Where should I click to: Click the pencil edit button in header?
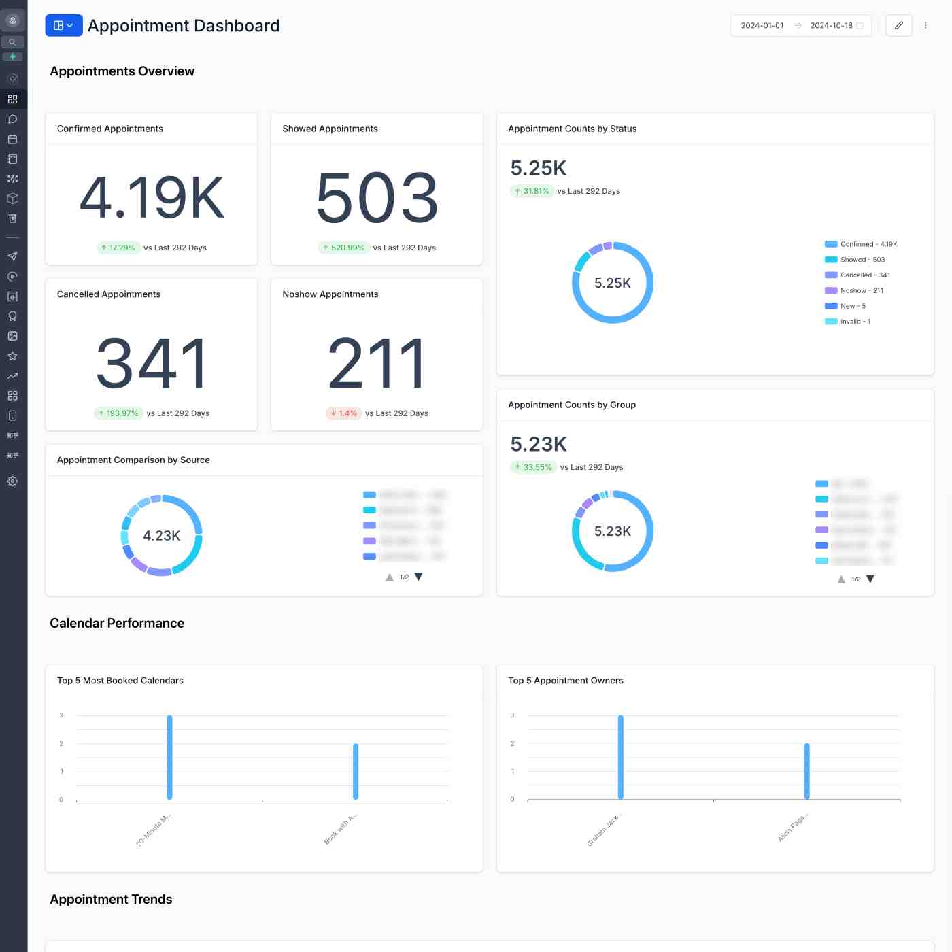898,25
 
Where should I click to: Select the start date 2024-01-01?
762,26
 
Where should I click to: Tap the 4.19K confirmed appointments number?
152,198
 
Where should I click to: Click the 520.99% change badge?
344,248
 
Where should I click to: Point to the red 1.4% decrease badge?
344,413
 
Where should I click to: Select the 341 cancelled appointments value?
152,363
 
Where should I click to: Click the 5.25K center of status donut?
612,283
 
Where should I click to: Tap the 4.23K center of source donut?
161,536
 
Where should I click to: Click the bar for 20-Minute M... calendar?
169,757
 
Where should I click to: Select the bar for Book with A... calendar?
356,771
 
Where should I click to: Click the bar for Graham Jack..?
621,757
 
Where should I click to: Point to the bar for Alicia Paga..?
807,771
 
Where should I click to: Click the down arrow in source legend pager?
419,577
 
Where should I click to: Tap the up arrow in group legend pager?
841,579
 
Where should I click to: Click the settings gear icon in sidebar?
12,481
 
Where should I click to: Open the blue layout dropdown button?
63,25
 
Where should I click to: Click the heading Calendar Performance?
117,624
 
